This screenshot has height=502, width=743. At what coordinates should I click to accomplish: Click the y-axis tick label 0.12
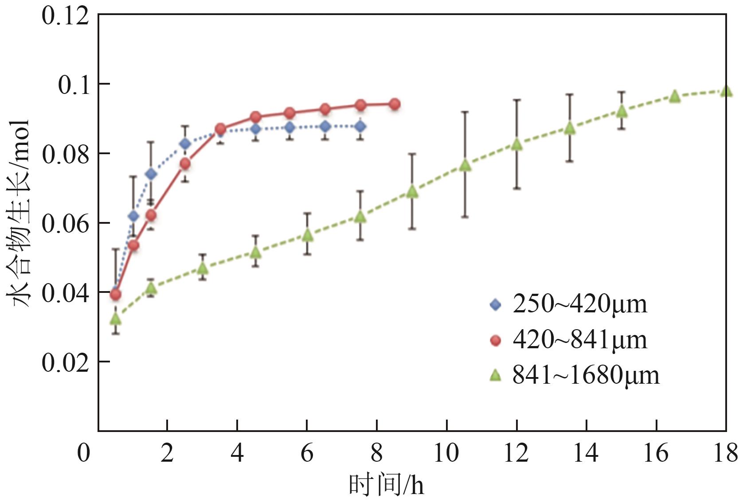pyautogui.click(x=65, y=16)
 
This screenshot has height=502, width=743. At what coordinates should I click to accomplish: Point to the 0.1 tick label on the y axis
pyautogui.click(x=73, y=85)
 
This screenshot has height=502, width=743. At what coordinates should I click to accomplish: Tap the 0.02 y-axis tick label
pyautogui.click(x=65, y=362)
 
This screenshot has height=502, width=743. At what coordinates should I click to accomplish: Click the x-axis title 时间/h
pyautogui.click(x=386, y=485)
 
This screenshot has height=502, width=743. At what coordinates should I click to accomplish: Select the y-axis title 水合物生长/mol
pyautogui.click(x=19, y=213)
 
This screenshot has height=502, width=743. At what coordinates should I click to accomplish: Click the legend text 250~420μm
pyautogui.click(x=580, y=304)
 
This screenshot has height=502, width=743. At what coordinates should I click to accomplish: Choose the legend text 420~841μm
pyautogui.click(x=580, y=340)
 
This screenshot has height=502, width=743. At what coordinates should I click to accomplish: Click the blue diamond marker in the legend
pyautogui.click(x=495, y=305)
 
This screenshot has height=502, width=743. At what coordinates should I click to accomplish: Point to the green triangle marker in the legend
pyautogui.click(x=495, y=376)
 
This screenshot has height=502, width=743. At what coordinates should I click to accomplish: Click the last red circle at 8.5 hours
pyautogui.click(x=395, y=105)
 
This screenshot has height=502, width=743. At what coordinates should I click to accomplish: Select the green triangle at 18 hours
pyautogui.click(x=726, y=91)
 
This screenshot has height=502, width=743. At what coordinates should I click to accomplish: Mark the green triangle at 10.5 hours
pyautogui.click(x=465, y=165)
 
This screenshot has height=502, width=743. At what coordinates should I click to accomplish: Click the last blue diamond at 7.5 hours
pyautogui.click(x=360, y=126)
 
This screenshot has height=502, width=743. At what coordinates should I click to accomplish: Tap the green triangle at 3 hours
pyautogui.click(x=203, y=268)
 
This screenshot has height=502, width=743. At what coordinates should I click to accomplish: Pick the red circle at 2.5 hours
pyautogui.click(x=185, y=164)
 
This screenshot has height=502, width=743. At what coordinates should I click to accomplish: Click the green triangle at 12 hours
pyautogui.click(x=517, y=144)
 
